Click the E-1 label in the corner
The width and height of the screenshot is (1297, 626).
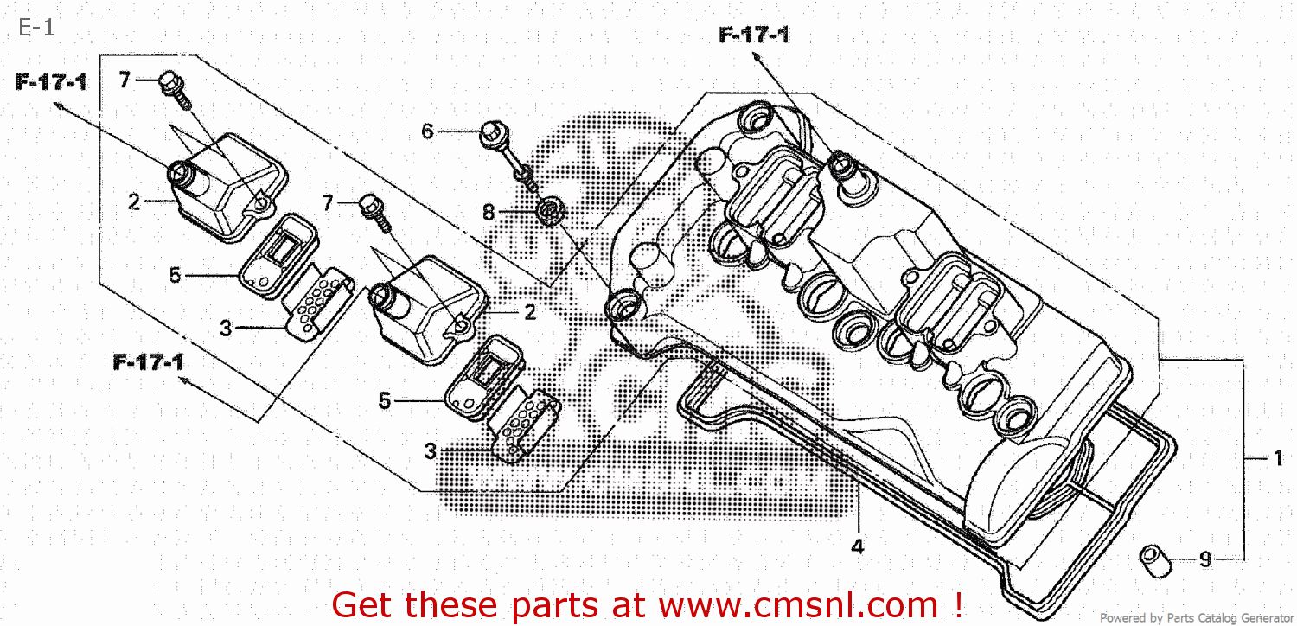point(36,28)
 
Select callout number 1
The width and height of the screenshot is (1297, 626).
point(1278,459)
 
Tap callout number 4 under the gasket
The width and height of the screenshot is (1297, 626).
point(857,546)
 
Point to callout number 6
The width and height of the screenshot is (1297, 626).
point(427,131)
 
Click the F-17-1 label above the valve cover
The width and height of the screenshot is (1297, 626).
point(753,35)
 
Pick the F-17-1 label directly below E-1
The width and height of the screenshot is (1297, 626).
point(51,83)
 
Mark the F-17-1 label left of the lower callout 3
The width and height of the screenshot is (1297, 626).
point(148,362)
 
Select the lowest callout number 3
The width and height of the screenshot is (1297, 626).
point(430,450)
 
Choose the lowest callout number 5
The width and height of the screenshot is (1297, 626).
point(385,400)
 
